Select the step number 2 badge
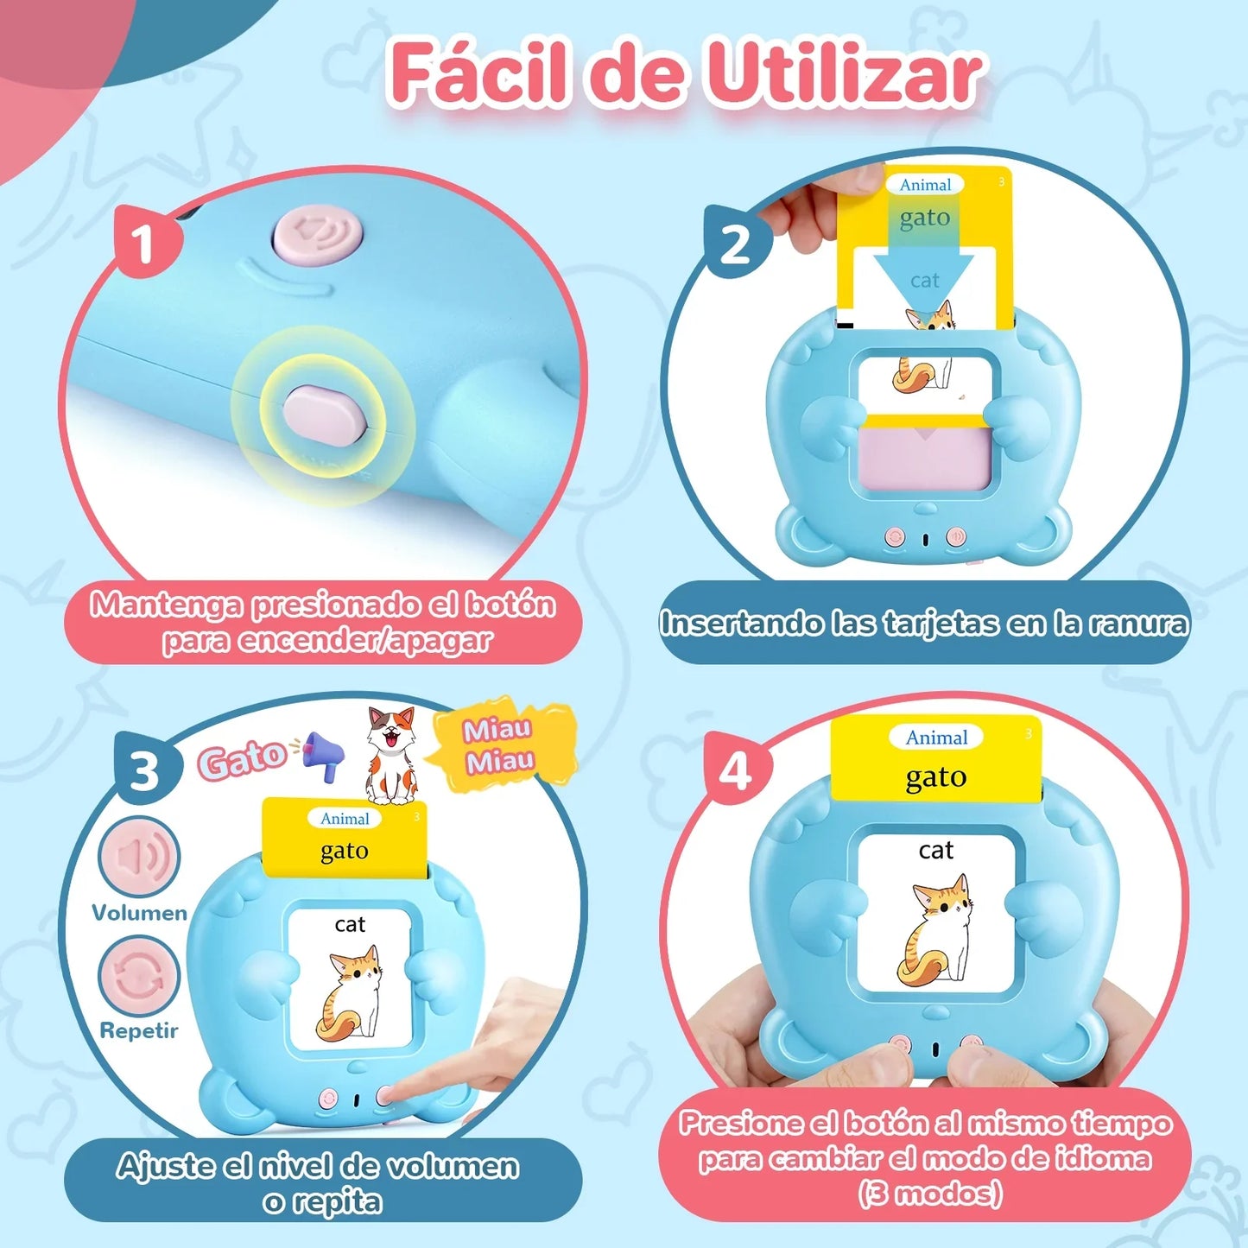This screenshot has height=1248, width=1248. click(x=735, y=244)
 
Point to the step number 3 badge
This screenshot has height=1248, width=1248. click(x=145, y=770)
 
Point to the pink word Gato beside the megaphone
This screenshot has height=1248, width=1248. click(x=242, y=759)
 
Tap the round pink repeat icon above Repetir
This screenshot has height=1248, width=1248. click(x=138, y=976)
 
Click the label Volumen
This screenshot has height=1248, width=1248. click(x=139, y=913)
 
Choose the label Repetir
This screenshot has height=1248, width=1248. click(x=138, y=1030)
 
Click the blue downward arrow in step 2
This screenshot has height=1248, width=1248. click(x=923, y=275)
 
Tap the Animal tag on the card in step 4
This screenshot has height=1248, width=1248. click(x=936, y=738)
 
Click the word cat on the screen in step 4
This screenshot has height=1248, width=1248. click(x=935, y=851)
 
